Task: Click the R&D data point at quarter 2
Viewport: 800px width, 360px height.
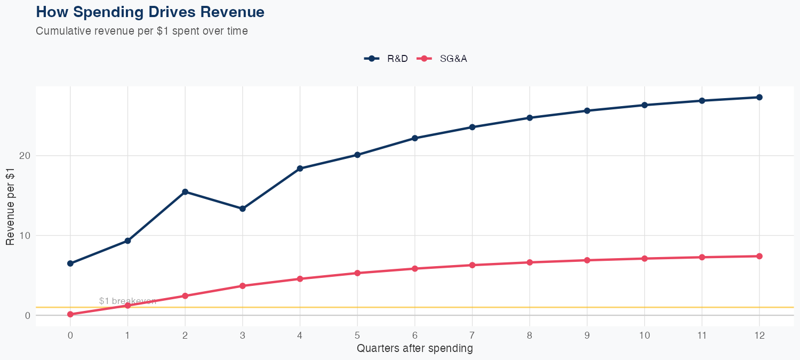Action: tap(185, 192)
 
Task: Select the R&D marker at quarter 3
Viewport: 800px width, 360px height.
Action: tap(243, 209)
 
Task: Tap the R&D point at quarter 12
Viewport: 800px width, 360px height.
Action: tap(759, 97)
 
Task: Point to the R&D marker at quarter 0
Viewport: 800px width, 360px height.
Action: tap(70, 263)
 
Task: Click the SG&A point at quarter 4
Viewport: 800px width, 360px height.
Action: tap(300, 279)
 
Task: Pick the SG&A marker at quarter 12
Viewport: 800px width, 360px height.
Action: tap(759, 256)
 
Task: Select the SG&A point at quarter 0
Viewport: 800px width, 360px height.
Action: tap(70, 314)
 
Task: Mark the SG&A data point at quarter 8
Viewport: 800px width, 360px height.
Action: tap(530, 262)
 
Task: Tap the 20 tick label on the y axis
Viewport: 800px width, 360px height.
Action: tap(25, 156)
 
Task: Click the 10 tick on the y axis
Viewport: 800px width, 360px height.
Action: tap(25, 235)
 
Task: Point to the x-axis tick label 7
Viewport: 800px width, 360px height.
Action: tap(472, 335)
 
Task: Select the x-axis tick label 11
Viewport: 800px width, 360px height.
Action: tap(702, 335)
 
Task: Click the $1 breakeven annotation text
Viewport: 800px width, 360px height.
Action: tap(127, 301)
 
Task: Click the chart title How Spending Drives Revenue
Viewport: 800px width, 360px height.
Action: tap(150, 12)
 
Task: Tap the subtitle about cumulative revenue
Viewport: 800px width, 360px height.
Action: tap(141, 31)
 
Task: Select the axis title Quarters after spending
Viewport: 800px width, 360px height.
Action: tap(414, 349)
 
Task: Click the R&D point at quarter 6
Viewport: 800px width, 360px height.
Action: tap(415, 138)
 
